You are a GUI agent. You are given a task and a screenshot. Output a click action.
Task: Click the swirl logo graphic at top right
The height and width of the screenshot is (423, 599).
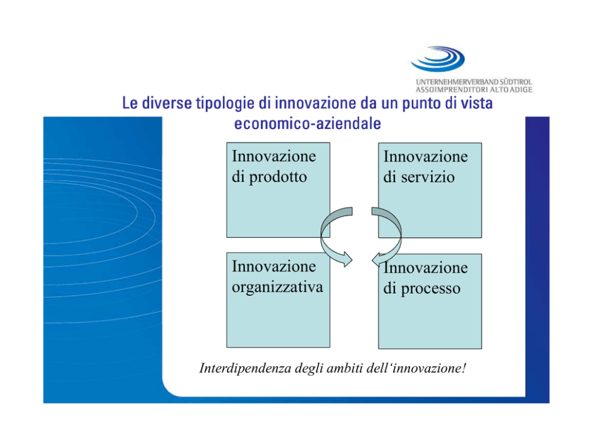[x=438, y=59]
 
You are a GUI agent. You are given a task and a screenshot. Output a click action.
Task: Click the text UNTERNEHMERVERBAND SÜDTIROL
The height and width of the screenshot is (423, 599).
[x=473, y=82]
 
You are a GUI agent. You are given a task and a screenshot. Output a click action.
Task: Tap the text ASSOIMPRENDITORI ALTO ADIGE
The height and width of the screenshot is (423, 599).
[x=473, y=90]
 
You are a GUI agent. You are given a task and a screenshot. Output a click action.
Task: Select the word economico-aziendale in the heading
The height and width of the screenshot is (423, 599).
[x=307, y=124]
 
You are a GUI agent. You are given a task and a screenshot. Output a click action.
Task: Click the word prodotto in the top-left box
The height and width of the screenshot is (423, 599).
[x=278, y=177]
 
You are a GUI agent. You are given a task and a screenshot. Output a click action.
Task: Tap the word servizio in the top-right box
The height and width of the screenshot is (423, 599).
[x=428, y=177]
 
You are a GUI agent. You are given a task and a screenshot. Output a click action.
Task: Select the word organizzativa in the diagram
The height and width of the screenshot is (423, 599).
[x=277, y=287]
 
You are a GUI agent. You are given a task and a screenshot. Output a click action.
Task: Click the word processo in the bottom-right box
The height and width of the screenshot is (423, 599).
[x=430, y=289]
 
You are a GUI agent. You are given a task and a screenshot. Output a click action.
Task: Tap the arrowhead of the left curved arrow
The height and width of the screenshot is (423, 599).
[x=348, y=259]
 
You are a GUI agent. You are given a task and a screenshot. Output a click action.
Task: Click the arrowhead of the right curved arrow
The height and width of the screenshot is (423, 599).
[x=376, y=259]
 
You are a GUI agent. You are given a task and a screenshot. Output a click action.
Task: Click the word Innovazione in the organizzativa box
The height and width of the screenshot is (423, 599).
[x=274, y=267]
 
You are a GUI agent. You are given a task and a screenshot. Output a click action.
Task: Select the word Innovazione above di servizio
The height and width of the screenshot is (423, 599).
[x=426, y=156]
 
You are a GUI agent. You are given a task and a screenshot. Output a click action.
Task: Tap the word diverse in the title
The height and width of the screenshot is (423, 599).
[x=167, y=103]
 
